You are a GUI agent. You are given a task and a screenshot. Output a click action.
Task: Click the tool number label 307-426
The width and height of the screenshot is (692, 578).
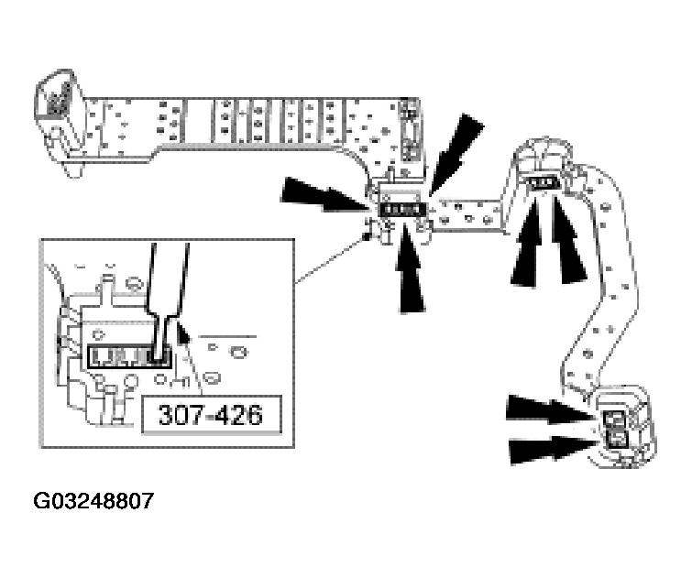(210, 415)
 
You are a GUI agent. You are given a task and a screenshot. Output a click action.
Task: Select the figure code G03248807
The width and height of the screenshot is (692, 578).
(93, 501)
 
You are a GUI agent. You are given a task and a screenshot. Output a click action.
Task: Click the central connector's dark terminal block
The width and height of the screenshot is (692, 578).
(401, 210)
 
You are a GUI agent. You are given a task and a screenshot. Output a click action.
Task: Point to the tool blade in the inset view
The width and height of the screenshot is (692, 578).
(165, 293)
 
